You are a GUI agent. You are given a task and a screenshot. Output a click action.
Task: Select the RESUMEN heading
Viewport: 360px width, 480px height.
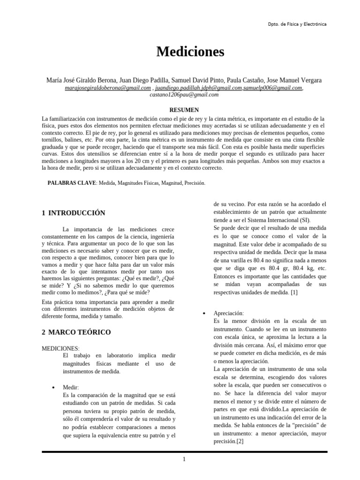point(184,110)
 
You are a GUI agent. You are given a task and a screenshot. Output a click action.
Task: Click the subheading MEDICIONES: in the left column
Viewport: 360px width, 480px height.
point(60,349)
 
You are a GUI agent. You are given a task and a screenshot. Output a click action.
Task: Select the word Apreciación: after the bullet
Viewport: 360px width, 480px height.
point(228,313)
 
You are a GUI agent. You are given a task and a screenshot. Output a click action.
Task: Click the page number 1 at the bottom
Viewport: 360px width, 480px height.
point(184,459)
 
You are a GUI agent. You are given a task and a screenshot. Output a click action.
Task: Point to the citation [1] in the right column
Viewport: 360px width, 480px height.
point(293,292)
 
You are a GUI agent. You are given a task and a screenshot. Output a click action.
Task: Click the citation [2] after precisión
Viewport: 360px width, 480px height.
point(240,442)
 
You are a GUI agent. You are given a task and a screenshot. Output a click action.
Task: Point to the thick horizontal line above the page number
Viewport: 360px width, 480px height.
point(184,452)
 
